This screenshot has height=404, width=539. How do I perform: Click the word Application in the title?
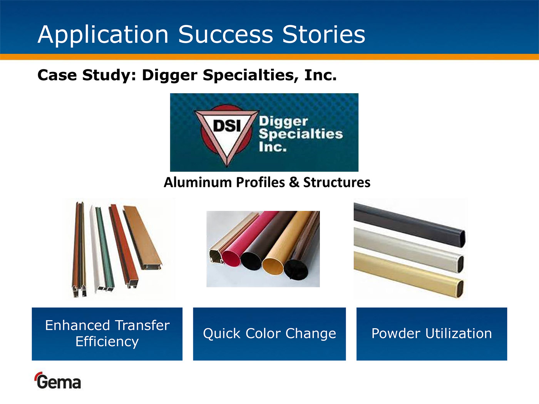click(x=103, y=35)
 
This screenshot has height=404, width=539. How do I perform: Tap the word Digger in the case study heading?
click(x=170, y=75)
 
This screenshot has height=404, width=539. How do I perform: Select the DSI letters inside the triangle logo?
click(x=227, y=126)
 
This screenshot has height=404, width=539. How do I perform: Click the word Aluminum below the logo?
click(x=198, y=182)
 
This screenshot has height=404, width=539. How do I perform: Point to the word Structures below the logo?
click(x=336, y=182)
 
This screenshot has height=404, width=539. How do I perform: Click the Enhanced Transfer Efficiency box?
click(x=107, y=334)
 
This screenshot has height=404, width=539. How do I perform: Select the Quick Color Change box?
click(x=269, y=334)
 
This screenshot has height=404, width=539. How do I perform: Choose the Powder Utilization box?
click(x=432, y=334)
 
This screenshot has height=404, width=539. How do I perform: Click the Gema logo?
click(x=58, y=381)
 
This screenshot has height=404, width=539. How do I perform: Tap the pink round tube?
click(x=248, y=238)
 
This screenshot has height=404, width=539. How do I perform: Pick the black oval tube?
click(x=409, y=224)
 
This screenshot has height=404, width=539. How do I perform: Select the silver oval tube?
click(x=408, y=250)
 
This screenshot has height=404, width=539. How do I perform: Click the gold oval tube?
click(x=408, y=275)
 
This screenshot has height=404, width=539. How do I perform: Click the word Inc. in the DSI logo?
click(x=273, y=147)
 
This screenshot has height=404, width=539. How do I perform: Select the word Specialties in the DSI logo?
click(x=301, y=134)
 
